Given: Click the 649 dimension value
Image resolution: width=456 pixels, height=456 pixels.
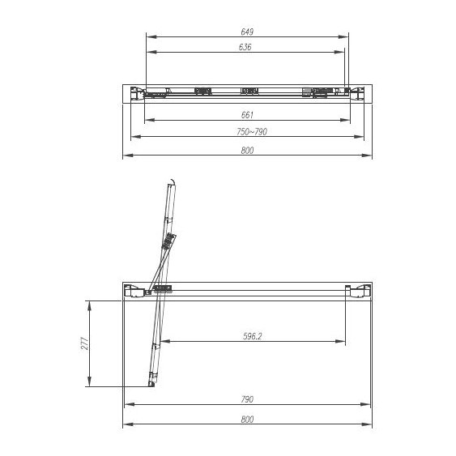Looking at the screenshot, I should [x=248, y=32].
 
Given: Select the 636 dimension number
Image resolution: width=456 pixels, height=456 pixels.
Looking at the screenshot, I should [x=246, y=47].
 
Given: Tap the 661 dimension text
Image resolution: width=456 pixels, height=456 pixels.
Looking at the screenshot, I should [x=248, y=114].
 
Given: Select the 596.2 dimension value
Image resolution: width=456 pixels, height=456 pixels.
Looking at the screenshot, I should [x=253, y=335].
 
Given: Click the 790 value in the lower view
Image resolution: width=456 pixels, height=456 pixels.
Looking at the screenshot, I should [x=248, y=399].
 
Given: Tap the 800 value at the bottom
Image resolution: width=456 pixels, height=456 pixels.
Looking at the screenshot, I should [x=248, y=419].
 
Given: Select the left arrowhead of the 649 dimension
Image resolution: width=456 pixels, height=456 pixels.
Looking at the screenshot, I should [x=149, y=36].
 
